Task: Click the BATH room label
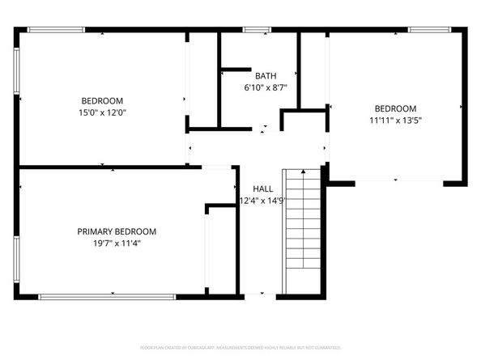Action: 266,75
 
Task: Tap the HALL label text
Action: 262,188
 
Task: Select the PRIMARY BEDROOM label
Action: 117,231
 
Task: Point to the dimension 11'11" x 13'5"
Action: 394,120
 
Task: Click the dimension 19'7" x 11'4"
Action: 117,243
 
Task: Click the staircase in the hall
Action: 302,231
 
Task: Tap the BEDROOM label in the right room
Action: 394,108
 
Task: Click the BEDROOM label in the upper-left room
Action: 102,101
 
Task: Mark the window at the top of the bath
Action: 257,30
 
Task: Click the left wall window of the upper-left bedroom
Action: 16,72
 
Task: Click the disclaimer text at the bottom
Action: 240,345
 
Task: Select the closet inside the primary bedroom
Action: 220,251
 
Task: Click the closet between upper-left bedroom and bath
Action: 203,81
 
